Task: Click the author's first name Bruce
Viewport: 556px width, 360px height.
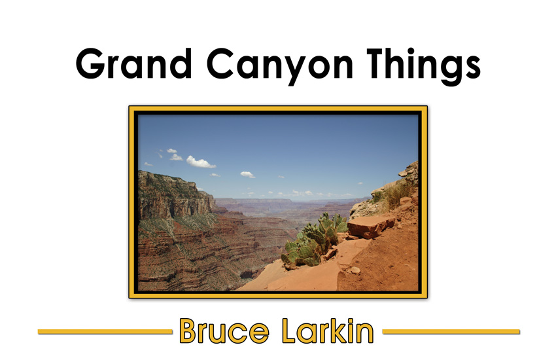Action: click(224, 331)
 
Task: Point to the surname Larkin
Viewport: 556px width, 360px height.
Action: click(328, 331)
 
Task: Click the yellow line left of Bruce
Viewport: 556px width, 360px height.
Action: click(105, 332)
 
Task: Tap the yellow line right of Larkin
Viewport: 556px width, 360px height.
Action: click(451, 332)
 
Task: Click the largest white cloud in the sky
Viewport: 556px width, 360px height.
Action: click(200, 162)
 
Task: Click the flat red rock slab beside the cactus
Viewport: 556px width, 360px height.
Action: click(370, 226)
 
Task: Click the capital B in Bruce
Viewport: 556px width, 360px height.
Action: click(188, 331)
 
